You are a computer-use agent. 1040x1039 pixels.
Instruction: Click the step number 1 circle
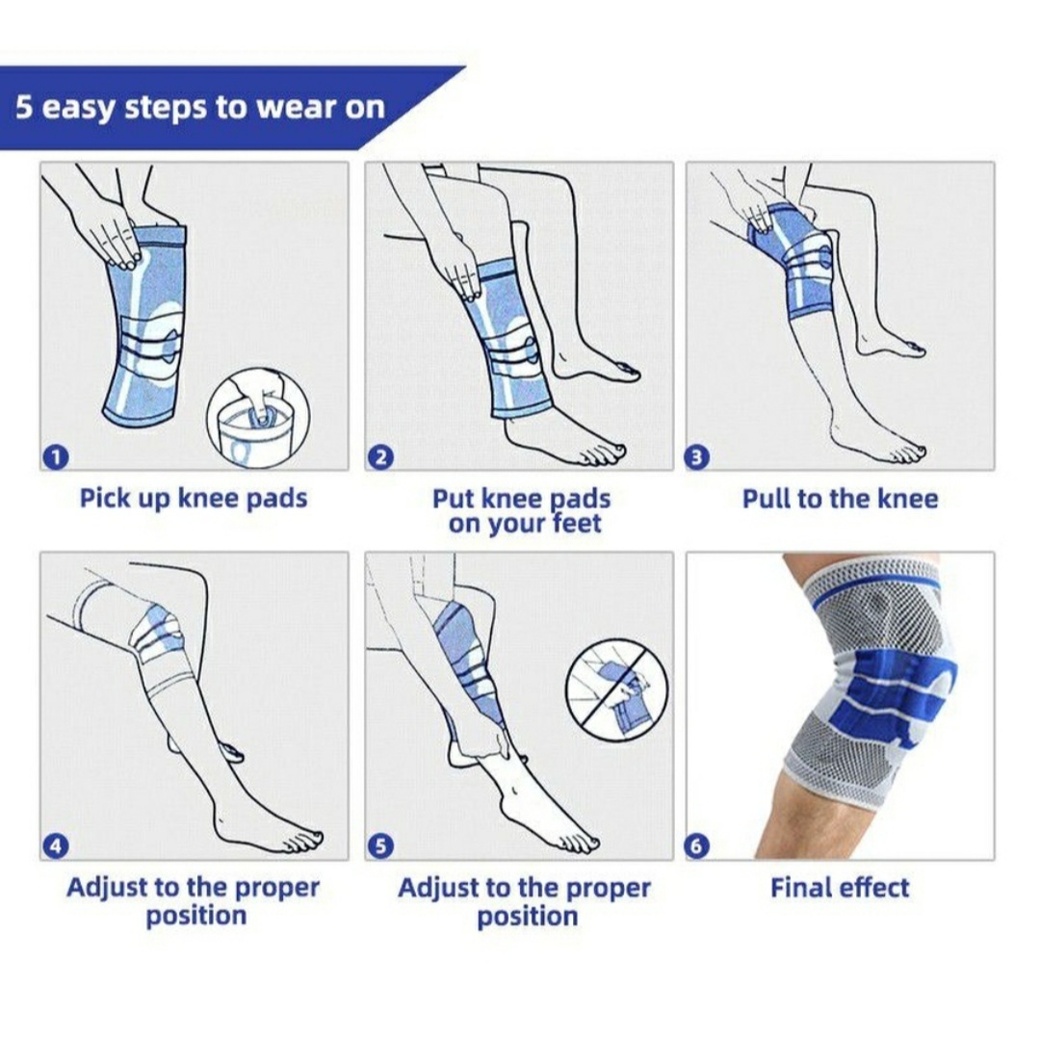pyautogui.click(x=56, y=456)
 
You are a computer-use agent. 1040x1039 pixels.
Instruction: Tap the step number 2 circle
pyautogui.click(x=380, y=456)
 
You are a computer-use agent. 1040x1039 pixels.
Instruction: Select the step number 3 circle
pyautogui.click(x=696, y=456)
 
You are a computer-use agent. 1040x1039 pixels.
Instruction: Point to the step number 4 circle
pyautogui.click(x=56, y=846)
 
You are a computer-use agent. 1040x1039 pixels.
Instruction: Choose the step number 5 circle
pyautogui.click(x=380, y=846)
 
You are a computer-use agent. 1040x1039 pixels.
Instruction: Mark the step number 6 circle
pyautogui.click(x=696, y=846)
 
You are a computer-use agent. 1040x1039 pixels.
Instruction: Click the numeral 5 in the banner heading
pyautogui.click(x=24, y=106)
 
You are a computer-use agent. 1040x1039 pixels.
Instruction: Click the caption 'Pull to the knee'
pyautogui.click(x=840, y=499)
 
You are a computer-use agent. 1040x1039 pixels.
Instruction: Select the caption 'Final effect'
pyautogui.click(x=840, y=887)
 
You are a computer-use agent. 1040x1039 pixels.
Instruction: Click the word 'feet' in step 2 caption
pyautogui.click(x=577, y=523)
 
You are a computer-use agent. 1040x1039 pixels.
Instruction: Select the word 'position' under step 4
pyautogui.click(x=196, y=916)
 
